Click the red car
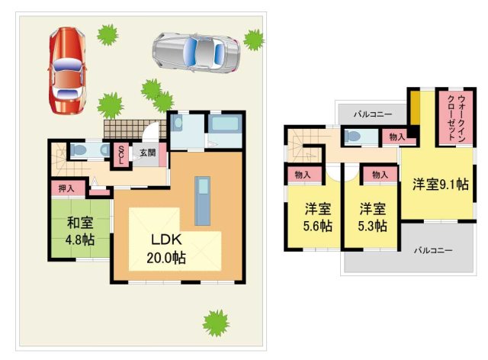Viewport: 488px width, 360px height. point(66,71)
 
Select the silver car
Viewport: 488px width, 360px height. point(196,51)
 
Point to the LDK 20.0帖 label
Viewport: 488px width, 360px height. point(166,248)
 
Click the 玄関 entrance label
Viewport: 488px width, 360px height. point(147,153)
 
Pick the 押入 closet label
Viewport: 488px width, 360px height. point(66,187)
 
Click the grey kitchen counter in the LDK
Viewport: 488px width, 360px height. point(202,201)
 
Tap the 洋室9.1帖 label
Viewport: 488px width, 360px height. point(441,185)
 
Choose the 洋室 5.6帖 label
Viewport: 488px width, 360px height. point(316,217)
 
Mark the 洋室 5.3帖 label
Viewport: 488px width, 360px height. point(371,217)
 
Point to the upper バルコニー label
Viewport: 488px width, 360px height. point(373,114)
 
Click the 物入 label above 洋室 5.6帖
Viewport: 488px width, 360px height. point(303,175)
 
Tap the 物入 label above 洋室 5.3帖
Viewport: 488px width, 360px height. point(379,175)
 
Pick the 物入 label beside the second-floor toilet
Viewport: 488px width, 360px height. point(397,137)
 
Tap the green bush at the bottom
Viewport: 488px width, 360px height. point(217,322)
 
